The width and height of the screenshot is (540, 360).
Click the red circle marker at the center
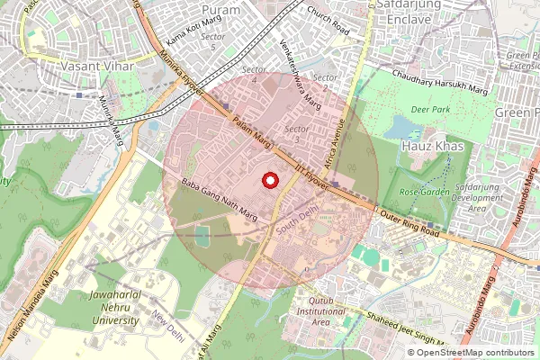(268, 180)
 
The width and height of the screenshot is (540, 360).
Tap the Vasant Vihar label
(96, 67)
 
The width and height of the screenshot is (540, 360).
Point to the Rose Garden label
(424, 193)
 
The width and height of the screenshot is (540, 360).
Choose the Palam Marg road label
(251, 133)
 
